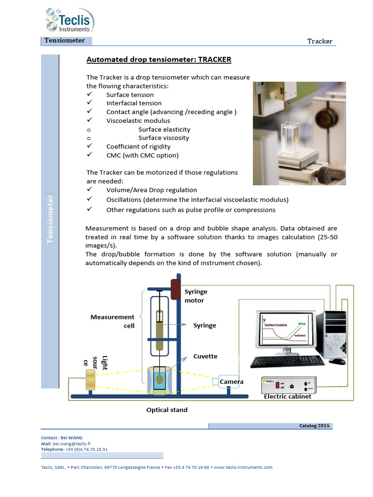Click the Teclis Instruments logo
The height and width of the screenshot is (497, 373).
coord(69,21)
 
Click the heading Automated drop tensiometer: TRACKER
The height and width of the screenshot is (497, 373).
coord(159,60)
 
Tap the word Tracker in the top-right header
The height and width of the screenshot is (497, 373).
coord(320,41)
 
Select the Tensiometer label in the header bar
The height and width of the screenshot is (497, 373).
coord(65,41)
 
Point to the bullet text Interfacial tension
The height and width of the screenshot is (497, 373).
coord(134,103)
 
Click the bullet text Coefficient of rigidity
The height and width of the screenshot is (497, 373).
coord(138,147)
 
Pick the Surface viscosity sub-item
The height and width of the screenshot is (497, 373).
coord(164,138)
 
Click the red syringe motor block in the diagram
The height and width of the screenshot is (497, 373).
coord(175,289)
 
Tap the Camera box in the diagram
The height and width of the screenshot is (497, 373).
coord(231,382)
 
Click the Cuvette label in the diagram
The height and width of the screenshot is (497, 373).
coord(205,356)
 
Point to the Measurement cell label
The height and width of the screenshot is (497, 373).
coord(113,321)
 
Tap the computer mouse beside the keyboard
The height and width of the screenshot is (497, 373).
coord(337,361)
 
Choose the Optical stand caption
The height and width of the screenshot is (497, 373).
coord(167,410)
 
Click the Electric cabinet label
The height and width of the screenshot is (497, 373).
coord(288,397)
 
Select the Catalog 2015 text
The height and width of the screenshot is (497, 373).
coord(314,426)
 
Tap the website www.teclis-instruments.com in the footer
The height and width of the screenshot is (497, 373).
coord(243,467)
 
